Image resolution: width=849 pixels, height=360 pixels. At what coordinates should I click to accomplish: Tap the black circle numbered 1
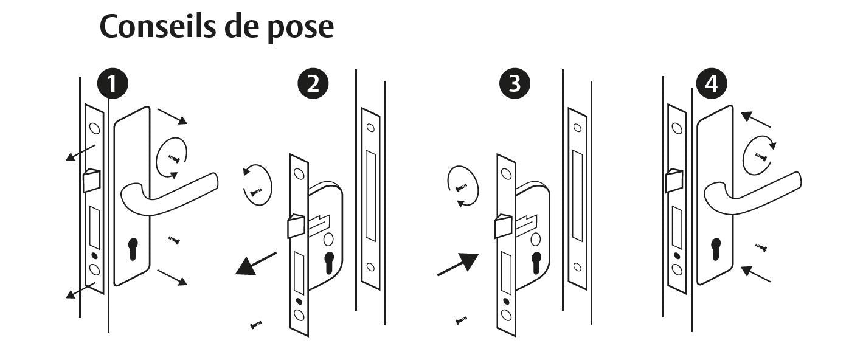(113, 83)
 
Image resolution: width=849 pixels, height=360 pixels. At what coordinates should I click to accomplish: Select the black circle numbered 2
(313, 83)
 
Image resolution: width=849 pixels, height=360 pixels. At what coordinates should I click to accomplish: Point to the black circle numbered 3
(515, 83)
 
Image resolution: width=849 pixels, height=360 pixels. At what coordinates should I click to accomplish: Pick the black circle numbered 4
(712, 83)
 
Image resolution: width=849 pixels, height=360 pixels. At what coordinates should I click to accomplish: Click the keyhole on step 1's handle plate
(133, 249)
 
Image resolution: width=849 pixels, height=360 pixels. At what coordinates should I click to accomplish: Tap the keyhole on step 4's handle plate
(716, 249)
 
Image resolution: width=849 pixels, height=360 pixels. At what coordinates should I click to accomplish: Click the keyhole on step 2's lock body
(330, 262)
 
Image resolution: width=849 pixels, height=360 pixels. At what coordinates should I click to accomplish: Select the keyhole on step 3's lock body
(536, 262)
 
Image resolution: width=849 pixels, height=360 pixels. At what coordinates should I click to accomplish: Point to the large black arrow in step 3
(458, 264)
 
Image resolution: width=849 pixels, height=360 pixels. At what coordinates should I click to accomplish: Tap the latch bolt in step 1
(91, 181)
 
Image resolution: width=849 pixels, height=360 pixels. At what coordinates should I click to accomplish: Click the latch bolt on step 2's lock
(296, 226)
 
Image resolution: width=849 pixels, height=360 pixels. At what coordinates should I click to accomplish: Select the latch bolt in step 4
(674, 181)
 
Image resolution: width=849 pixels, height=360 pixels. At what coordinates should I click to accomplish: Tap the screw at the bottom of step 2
(256, 325)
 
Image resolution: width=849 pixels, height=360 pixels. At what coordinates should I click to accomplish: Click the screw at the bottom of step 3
(461, 320)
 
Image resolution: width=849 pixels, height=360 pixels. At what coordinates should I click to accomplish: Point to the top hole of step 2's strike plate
(371, 128)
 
